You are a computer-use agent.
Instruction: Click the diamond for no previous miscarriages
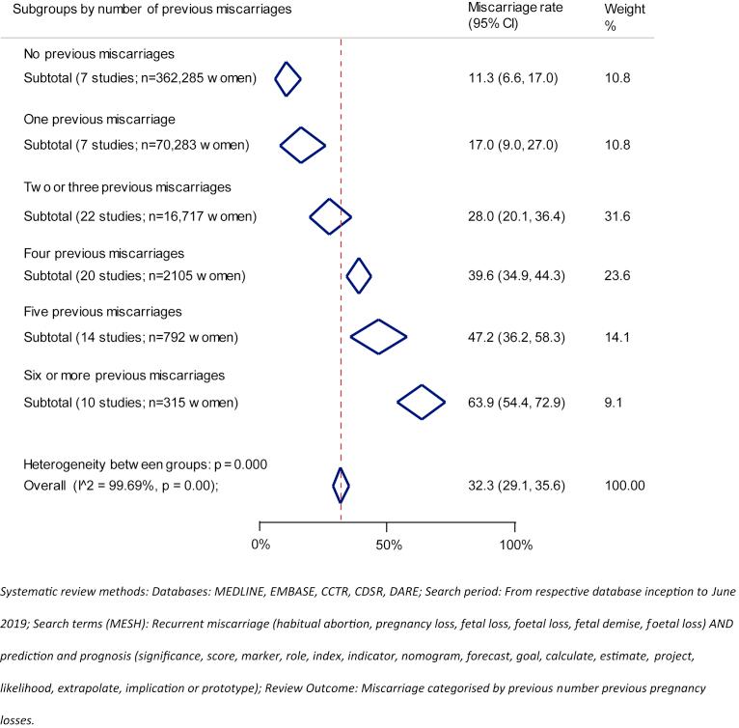(x=287, y=78)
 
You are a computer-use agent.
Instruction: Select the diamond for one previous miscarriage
(x=302, y=145)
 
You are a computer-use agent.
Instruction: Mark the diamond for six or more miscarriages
(x=422, y=402)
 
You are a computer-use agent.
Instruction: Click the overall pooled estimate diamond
(x=341, y=485)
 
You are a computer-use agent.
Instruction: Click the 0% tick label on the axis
(x=260, y=545)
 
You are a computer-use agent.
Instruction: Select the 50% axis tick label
(x=387, y=545)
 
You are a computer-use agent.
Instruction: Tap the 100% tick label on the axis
(x=514, y=545)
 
